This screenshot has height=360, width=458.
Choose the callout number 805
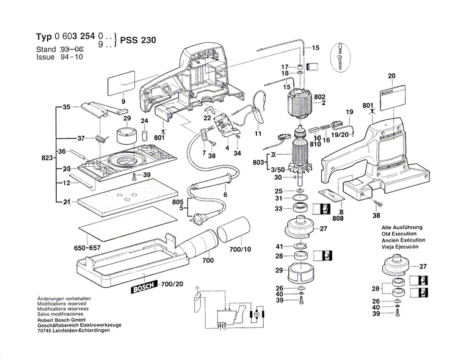coord(177,202)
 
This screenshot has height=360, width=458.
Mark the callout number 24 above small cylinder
coord(145,121)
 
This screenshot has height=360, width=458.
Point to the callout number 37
coord(81,138)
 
